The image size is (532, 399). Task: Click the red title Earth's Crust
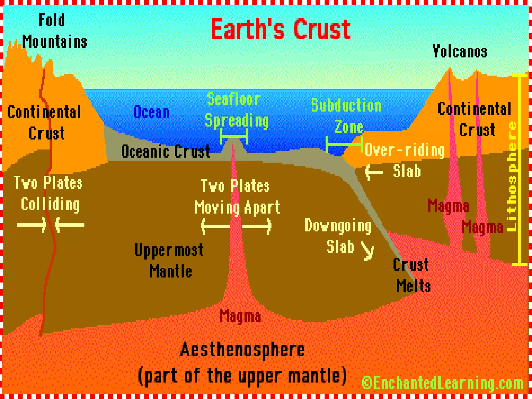coord(281,29)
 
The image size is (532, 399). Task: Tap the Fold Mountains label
coord(54,31)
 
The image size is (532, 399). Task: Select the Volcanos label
coord(460,51)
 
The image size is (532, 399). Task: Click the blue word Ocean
coord(151,112)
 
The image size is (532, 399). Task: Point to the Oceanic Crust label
coord(165,151)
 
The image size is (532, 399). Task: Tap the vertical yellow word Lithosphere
coord(512,177)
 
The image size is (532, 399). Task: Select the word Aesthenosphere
coord(242,350)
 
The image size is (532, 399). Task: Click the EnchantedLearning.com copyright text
coord(442,383)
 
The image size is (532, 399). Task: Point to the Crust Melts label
coord(412,275)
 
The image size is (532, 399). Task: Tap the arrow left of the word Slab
coord(374,172)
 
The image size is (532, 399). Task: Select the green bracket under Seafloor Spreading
coord(234,136)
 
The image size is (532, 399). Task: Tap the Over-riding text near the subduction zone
coord(404,150)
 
